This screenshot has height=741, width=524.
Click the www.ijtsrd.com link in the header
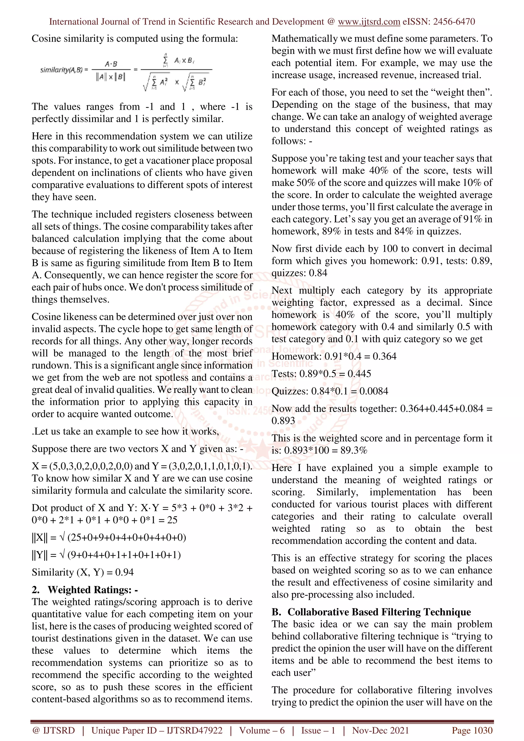(x=369, y=22)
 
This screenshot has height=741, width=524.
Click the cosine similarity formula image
(x=126, y=73)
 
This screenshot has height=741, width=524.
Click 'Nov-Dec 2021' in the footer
(x=380, y=730)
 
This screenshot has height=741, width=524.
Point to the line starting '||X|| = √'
(x=109, y=537)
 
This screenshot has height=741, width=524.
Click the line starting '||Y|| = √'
(x=106, y=555)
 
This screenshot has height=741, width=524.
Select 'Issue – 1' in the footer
(x=318, y=730)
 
